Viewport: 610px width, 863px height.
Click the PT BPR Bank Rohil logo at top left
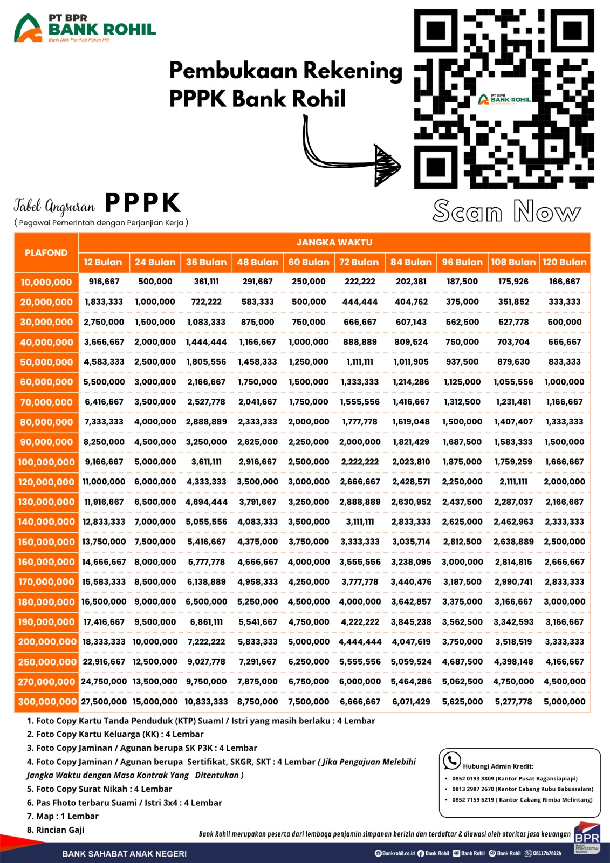(85, 28)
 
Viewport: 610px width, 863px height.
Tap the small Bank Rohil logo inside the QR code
(505, 99)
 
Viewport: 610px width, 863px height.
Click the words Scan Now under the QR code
(506, 211)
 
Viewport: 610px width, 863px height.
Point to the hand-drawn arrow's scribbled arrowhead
(387, 165)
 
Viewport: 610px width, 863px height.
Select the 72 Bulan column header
(359, 262)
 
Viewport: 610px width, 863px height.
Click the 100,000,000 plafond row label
(46, 462)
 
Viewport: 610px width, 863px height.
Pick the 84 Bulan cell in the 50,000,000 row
(411, 362)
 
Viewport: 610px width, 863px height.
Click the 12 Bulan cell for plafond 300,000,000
(104, 702)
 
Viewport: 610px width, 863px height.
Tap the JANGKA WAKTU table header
(334, 243)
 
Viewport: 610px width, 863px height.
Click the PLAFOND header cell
(46, 252)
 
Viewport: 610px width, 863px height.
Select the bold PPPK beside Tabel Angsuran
(142, 203)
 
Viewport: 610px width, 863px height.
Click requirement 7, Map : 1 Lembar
(63, 816)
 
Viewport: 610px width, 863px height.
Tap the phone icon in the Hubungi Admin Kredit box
(451, 761)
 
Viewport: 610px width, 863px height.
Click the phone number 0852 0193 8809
(473, 779)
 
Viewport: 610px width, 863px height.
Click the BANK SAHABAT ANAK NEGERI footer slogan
(125, 854)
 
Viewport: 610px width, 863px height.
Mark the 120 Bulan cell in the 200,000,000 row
(564, 642)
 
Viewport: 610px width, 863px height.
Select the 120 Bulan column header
(564, 262)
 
